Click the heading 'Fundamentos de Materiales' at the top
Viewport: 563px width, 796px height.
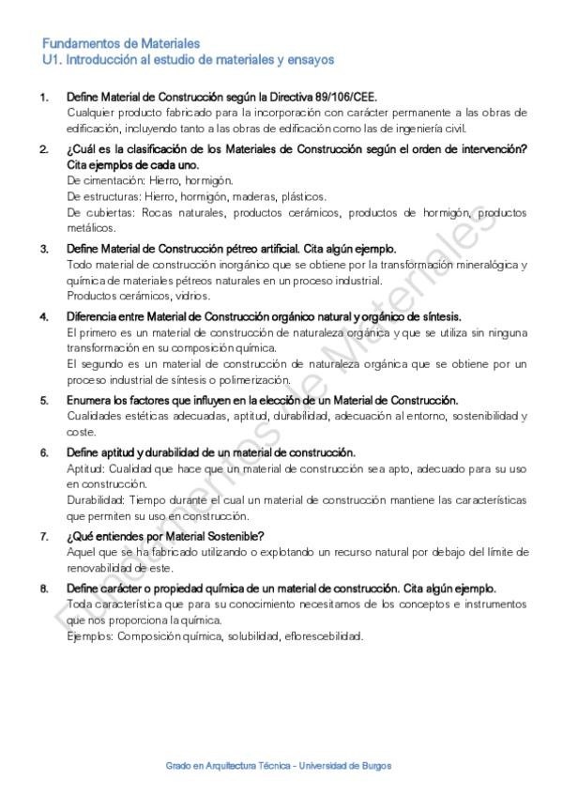[x=121, y=43]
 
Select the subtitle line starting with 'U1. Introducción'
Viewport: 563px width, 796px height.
[x=188, y=59]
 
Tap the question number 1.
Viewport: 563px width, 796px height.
[x=43, y=97]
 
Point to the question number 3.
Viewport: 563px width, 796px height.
[x=43, y=249]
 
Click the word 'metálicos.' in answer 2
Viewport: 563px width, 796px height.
[x=92, y=227]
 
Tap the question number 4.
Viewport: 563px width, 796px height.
[x=43, y=316]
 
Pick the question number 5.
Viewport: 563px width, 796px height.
[x=43, y=400]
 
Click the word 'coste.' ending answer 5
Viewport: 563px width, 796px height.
[x=82, y=432]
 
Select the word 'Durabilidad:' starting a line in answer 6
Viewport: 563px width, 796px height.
[x=97, y=500]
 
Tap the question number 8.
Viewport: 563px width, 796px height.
[x=43, y=589]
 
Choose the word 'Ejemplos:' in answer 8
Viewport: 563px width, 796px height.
[x=91, y=636]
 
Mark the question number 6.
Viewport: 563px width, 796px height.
[x=43, y=452]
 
